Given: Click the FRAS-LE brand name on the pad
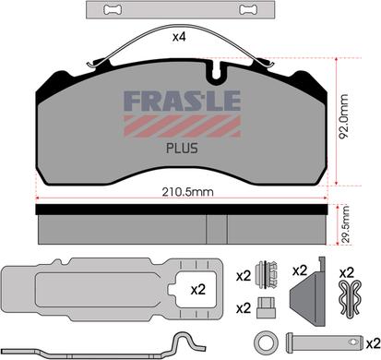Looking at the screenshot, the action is pyautogui.click(x=182, y=101).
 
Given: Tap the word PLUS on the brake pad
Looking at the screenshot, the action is pyautogui.click(x=182, y=149).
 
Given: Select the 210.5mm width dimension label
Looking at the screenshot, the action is pyautogui.click(x=187, y=192).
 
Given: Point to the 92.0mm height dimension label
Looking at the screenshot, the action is pyautogui.click(x=343, y=116).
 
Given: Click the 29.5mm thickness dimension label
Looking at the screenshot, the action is pyautogui.click(x=345, y=224).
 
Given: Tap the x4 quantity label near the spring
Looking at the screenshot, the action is pyautogui.click(x=179, y=37).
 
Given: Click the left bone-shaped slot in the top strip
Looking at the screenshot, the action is pyautogui.click(x=113, y=9).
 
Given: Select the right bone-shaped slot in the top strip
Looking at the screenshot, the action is pyautogui.click(x=248, y=9).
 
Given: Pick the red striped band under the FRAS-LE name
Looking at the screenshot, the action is pyautogui.click(x=182, y=126).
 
